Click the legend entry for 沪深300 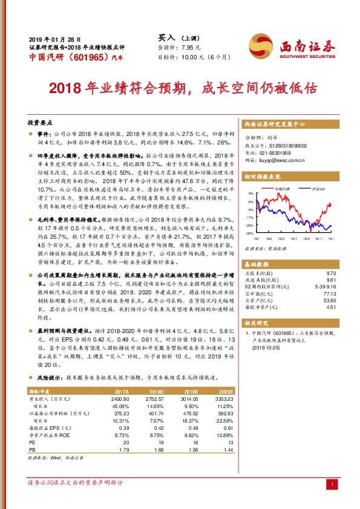[318, 190]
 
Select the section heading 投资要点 [41, 122]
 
